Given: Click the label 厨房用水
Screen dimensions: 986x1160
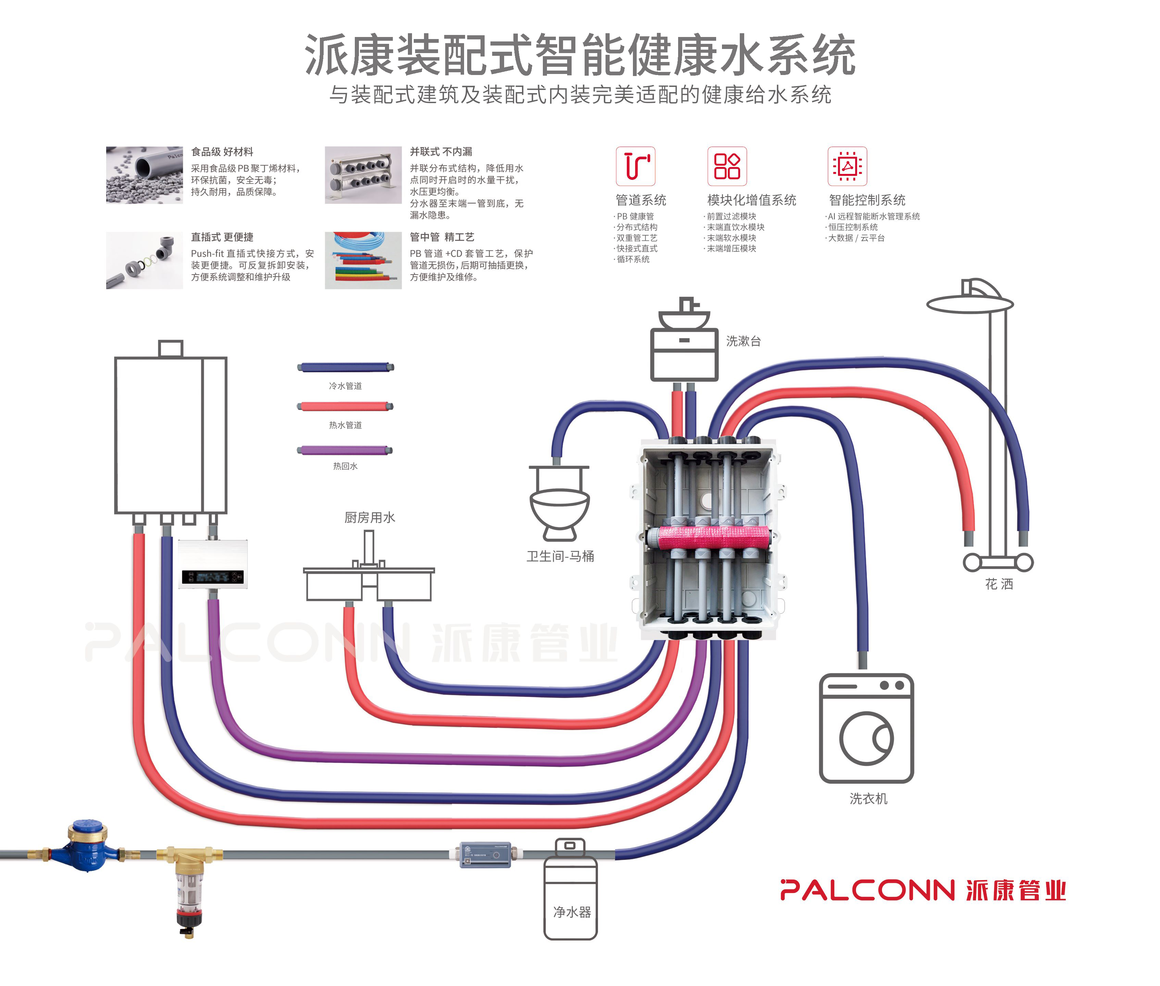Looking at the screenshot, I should pyautogui.click(x=370, y=517).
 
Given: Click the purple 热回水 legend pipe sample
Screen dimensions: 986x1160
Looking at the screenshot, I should pyautogui.click(x=345, y=450).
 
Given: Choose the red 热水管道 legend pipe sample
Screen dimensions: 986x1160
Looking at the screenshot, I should pyautogui.click(x=345, y=407).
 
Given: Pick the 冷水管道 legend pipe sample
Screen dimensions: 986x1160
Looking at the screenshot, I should pyautogui.click(x=345, y=367).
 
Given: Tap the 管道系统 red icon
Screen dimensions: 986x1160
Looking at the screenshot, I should pyautogui.click(x=635, y=166).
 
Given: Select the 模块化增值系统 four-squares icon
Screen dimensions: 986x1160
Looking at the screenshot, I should pyautogui.click(x=727, y=166).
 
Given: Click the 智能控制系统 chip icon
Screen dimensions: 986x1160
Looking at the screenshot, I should pyautogui.click(x=847, y=166).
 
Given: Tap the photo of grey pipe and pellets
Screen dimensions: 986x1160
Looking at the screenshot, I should pyautogui.click(x=144, y=175).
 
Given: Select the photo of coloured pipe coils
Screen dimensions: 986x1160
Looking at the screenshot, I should pyautogui.click(x=363, y=261).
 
